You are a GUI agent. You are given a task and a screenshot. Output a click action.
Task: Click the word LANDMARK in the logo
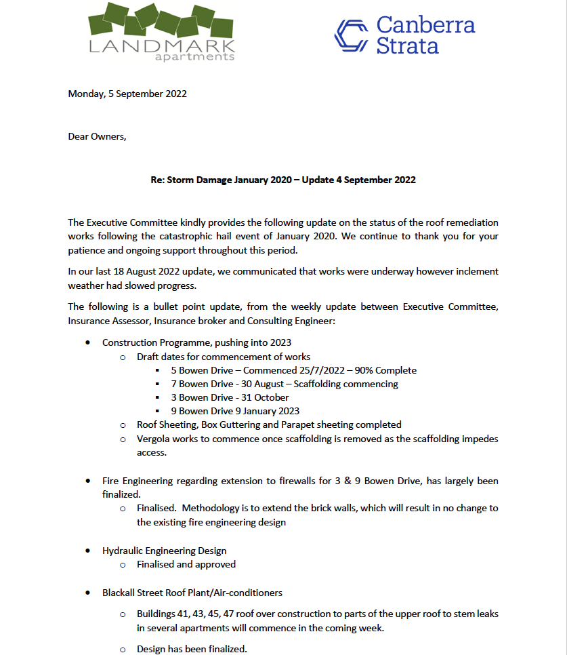coord(162,46)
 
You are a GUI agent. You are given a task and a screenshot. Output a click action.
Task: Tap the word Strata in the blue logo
coord(408,46)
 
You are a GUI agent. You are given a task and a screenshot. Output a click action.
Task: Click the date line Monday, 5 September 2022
coord(127,94)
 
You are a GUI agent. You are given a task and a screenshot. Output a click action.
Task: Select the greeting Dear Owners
coord(97,136)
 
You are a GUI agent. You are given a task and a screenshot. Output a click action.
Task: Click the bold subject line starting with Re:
coord(283,180)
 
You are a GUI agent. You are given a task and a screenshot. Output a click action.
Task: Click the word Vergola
coord(154,439)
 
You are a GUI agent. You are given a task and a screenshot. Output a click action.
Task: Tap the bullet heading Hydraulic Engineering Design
coord(164,551)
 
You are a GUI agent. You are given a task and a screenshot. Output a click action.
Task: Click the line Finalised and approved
coord(186,564)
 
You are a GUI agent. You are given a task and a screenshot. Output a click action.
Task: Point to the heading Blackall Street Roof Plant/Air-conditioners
coord(192,593)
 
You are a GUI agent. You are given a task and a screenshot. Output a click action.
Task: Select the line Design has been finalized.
coord(192,649)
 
